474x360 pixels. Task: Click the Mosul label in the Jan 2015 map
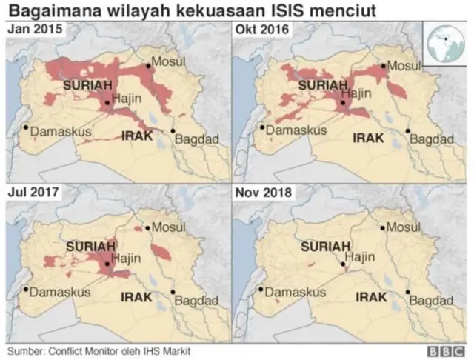coord(167,63)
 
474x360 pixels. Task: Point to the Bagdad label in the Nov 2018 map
coord(430,301)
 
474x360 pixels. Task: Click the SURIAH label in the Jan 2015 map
coord(87,87)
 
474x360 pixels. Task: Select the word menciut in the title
coord(346,11)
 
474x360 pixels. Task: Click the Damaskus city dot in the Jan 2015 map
coord(26,127)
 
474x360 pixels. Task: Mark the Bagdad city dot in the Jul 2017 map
coord(173,293)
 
